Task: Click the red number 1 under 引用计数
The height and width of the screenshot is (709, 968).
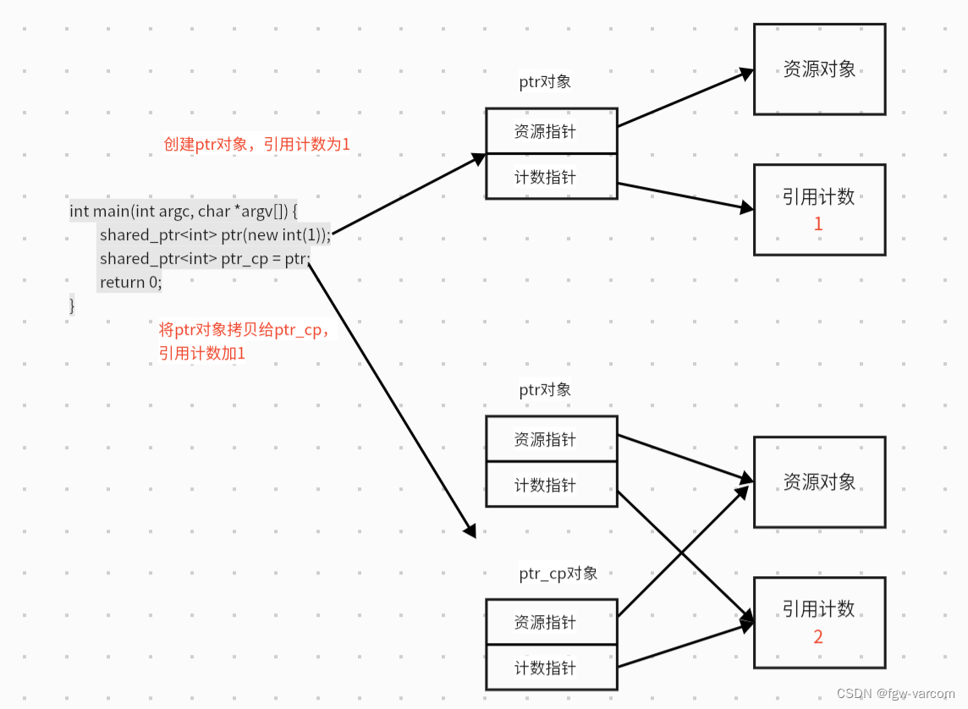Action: (818, 224)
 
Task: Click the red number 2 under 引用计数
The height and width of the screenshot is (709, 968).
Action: (818, 637)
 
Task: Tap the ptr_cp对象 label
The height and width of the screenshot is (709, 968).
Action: (558, 574)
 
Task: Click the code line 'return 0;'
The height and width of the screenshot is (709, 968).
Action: (130, 282)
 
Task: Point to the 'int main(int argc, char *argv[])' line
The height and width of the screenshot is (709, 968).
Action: (184, 211)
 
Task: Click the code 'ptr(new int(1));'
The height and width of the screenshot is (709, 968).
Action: (276, 234)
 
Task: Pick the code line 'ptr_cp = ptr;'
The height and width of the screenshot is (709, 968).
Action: (266, 258)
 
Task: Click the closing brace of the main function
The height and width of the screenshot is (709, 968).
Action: (73, 305)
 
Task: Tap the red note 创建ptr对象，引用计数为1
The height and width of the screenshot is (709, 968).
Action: (256, 145)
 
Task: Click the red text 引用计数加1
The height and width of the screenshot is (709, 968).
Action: (202, 353)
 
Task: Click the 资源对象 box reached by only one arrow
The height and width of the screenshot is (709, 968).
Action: (819, 69)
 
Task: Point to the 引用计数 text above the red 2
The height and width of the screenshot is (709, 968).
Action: (818, 609)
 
